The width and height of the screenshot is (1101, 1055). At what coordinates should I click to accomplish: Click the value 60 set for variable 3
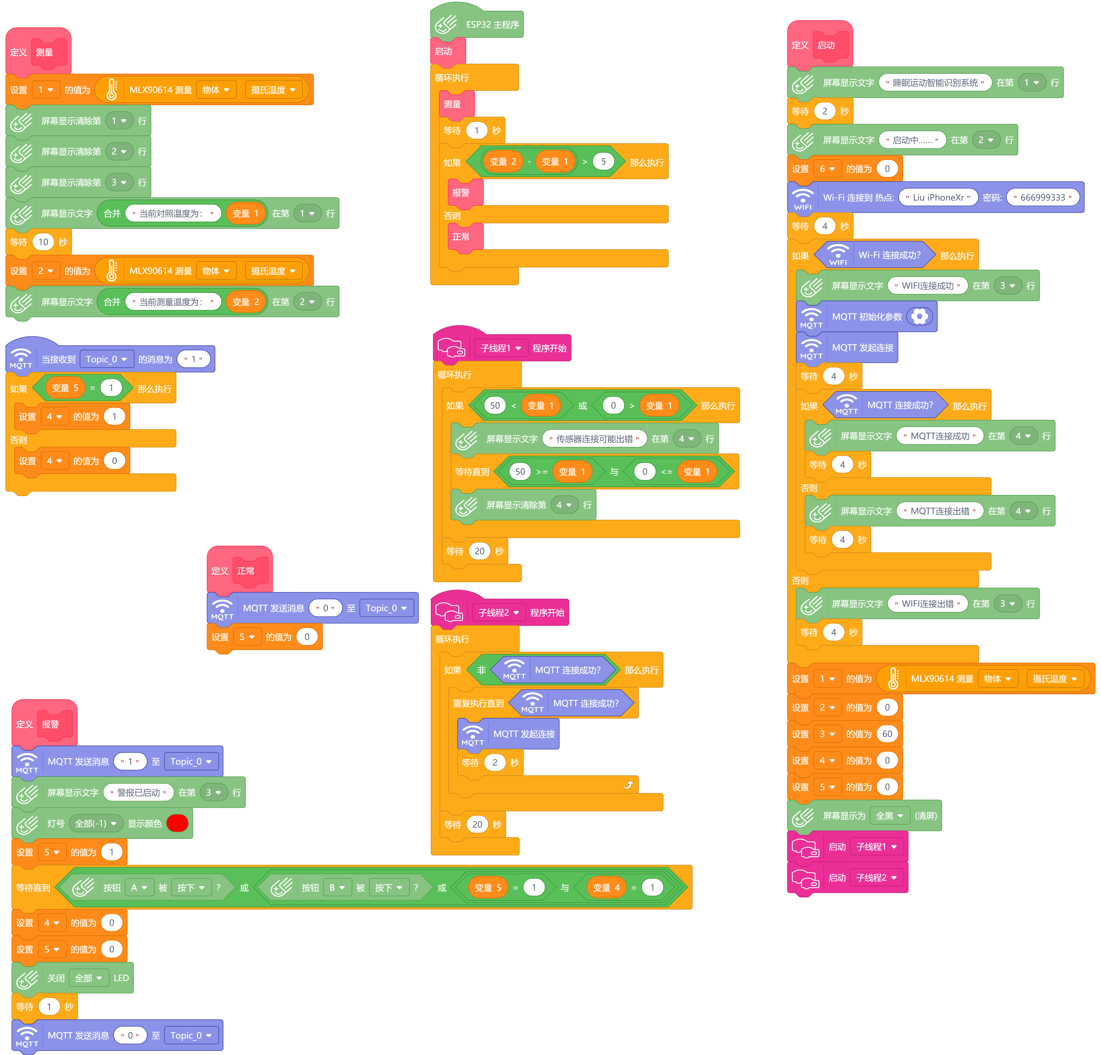pyautogui.click(x=887, y=733)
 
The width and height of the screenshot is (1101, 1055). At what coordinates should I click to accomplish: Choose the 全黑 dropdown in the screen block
pyautogui.click(x=889, y=816)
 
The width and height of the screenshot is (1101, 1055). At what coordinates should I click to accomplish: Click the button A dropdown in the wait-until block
pyautogui.click(x=139, y=888)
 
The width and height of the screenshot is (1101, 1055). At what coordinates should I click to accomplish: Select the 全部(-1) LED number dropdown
pyautogui.click(x=96, y=823)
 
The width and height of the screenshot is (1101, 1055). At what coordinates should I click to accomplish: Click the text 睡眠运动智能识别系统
pyautogui.click(x=935, y=83)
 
